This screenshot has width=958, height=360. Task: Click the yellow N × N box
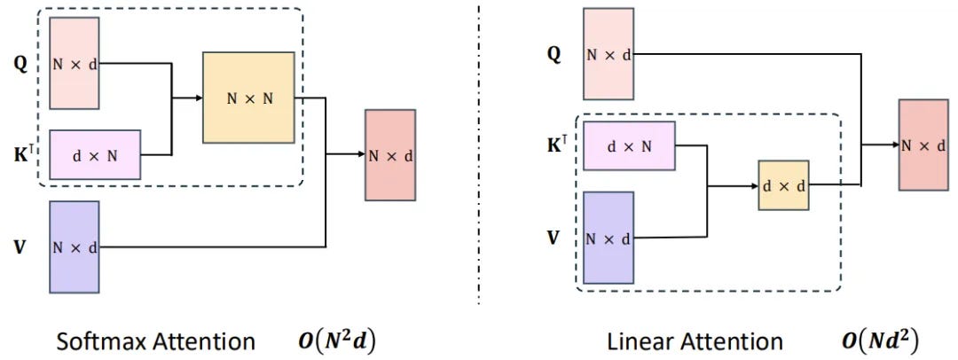pyautogui.click(x=248, y=98)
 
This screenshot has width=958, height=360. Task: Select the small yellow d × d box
pyautogui.click(x=783, y=185)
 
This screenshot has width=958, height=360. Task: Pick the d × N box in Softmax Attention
pyautogui.click(x=94, y=154)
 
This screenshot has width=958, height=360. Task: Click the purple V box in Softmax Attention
pyautogui.click(x=73, y=247)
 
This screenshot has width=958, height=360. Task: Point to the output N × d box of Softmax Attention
pyautogui.click(x=389, y=155)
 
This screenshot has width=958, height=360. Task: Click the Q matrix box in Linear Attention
pyautogui.click(x=608, y=53)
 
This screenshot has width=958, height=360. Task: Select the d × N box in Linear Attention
pyautogui.click(x=629, y=146)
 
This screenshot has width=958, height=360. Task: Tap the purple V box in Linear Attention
pyautogui.click(x=608, y=238)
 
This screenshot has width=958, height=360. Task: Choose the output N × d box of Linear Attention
pyautogui.click(x=923, y=145)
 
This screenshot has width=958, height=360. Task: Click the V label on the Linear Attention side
pyautogui.click(x=553, y=237)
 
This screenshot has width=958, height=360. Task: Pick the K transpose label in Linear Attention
pyautogui.click(x=555, y=143)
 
